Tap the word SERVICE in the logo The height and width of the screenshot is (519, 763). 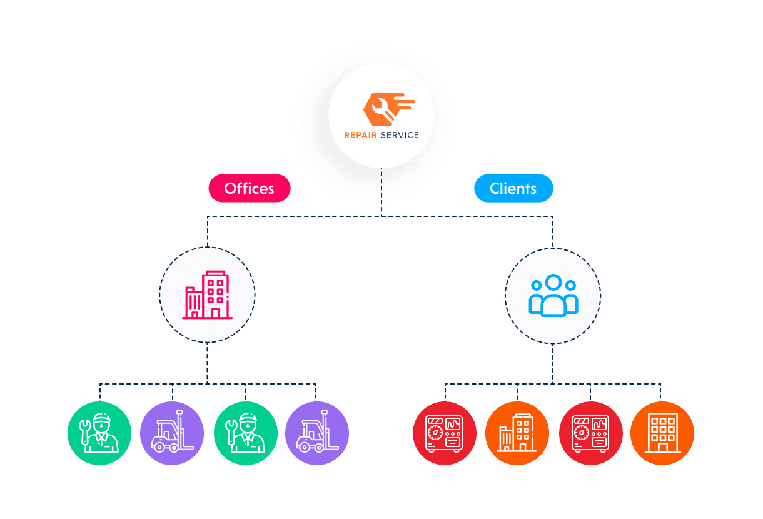tap(398, 135)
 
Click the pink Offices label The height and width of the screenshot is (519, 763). tap(249, 188)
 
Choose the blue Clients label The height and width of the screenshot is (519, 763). tap(513, 188)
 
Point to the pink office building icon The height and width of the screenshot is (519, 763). tap(207, 295)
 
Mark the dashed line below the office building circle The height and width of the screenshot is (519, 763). tap(207, 363)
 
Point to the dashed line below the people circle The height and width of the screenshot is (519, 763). tap(553, 363)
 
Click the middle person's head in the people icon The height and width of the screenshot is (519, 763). tap(553, 283)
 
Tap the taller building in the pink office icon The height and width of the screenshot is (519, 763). tap(215, 294)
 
